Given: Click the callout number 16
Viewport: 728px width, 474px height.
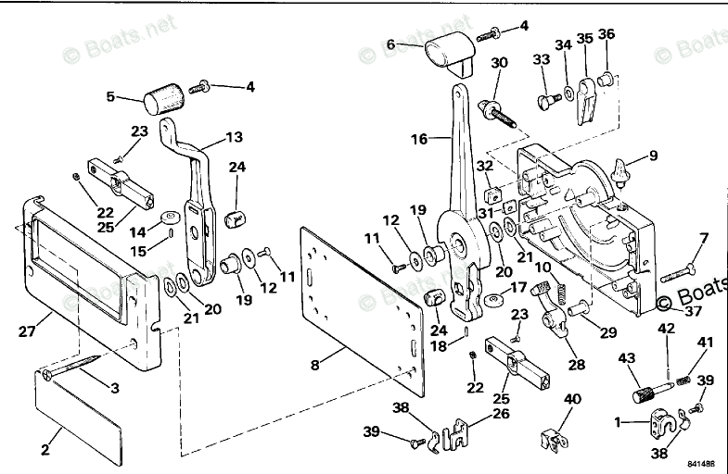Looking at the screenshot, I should point(418,139).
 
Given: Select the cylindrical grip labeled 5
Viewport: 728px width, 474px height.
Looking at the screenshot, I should point(163,94).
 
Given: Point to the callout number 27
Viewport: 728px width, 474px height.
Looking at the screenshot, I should point(28,327).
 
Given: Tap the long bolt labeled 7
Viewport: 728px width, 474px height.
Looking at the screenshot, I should point(684,269).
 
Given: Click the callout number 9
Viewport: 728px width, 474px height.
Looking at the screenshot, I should point(653,156).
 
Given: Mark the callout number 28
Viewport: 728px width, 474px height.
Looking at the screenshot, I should point(576,365).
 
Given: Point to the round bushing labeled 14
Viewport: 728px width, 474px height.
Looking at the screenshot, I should point(168,218).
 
